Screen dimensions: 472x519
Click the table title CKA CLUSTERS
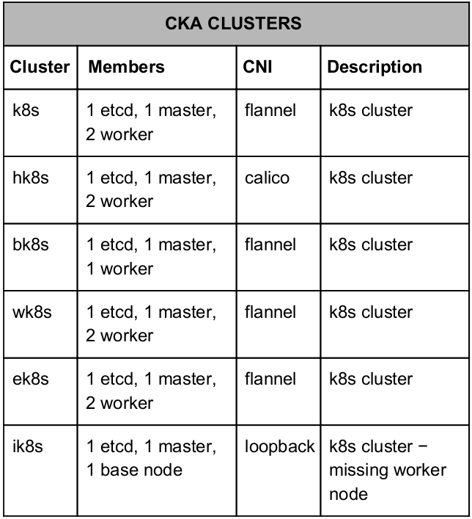[233, 23]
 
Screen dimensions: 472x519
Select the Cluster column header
[40, 67]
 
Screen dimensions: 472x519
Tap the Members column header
[126, 67]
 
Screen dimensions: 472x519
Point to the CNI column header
[257, 67]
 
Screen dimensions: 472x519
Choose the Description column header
[375, 67]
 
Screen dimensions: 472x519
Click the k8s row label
[26, 110]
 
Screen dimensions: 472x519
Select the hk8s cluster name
[30, 178]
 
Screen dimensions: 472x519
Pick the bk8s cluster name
[30, 244]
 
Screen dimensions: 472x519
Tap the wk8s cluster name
[32, 312]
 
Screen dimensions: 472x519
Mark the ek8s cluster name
[30, 379]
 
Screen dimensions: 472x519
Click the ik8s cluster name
[28, 446]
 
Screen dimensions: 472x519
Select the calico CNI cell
[267, 178]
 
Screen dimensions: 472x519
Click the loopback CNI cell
[280, 446]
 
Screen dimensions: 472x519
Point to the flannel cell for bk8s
[270, 244]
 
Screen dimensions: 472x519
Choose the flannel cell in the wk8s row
[270, 312]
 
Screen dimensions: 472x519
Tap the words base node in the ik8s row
[141, 470]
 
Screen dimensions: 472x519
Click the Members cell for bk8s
[151, 256]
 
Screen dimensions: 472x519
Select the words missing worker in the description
[388, 470]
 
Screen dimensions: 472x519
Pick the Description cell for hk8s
[371, 178]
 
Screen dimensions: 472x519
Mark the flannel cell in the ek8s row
[270, 379]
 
